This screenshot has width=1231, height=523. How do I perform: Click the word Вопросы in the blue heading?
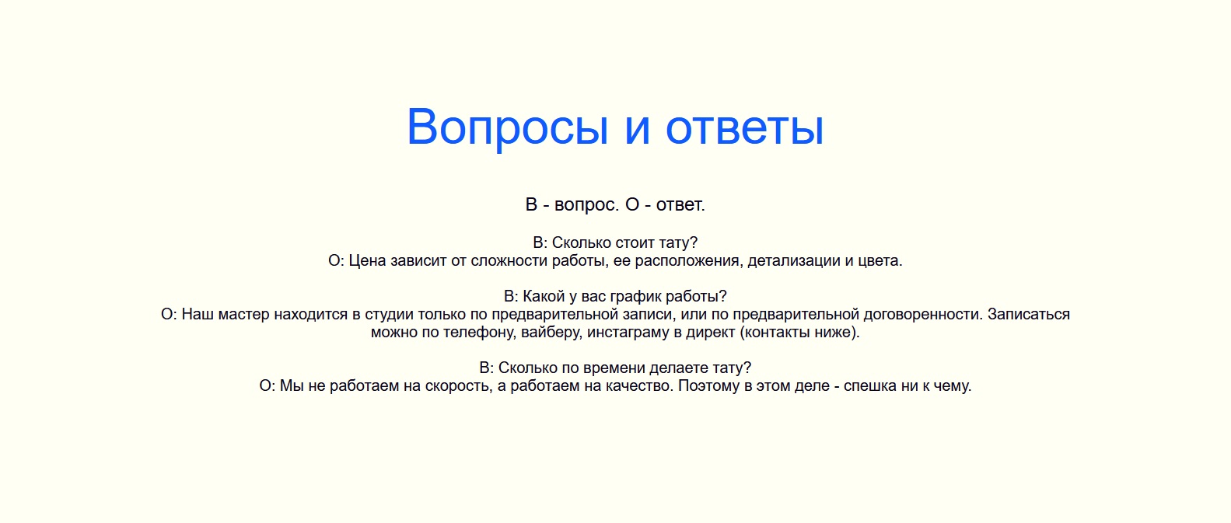pyautogui.click(x=507, y=127)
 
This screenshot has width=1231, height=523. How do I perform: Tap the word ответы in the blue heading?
pyautogui.click(x=745, y=127)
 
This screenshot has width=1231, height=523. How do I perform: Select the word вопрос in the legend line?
pyautogui.click(x=586, y=205)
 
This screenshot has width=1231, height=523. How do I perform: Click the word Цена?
pyautogui.click(x=368, y=260)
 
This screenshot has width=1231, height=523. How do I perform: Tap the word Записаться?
pyautogui.click(x=1029, y=315)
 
